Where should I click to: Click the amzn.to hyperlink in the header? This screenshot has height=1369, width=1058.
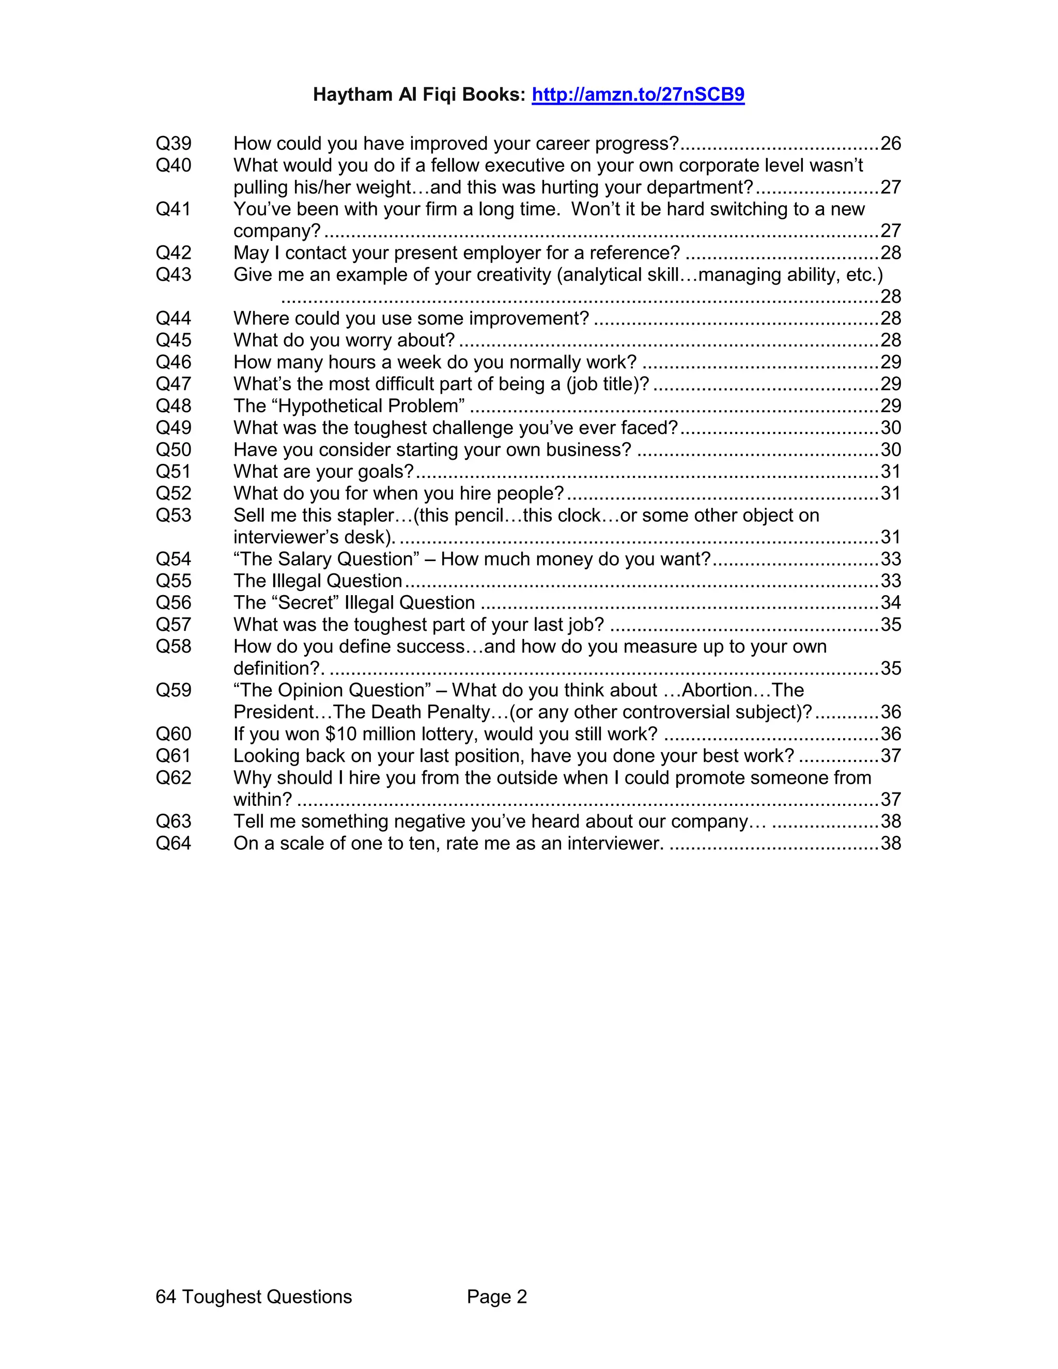[637, 95]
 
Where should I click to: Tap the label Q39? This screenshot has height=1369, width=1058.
[174, 144]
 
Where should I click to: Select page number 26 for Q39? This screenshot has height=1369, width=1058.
[890, 144]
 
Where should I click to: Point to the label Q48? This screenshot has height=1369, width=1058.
[174, 406]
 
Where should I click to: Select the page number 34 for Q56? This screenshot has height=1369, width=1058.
[890, 602]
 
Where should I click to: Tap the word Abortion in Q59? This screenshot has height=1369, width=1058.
[717, 690]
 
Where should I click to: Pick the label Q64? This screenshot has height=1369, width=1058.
[174, 843]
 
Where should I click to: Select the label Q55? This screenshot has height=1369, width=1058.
[174, 581]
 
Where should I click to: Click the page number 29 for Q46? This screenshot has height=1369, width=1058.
[890, 362]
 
